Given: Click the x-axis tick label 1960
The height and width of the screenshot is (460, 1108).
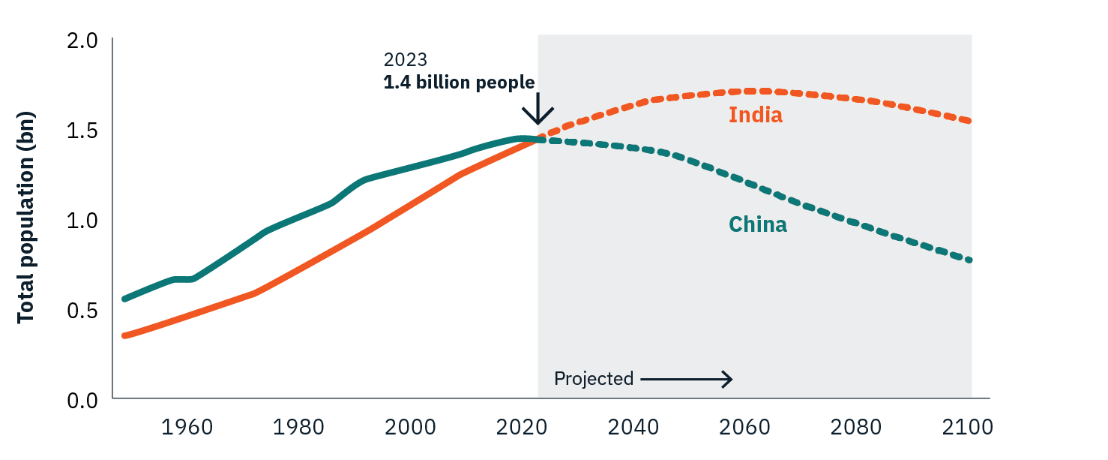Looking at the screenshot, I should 187,428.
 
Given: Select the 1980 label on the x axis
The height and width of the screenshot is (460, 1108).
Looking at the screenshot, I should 298,428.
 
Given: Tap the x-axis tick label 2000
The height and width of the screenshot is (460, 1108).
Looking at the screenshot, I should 411,428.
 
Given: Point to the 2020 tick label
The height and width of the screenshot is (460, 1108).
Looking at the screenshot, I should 522,428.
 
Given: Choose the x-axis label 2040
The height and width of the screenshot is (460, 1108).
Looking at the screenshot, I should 633,428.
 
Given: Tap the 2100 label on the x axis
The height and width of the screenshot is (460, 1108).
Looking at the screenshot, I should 968,428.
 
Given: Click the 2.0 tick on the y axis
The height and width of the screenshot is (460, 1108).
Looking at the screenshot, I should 83,41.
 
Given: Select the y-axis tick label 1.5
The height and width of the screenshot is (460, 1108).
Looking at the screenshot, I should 83,131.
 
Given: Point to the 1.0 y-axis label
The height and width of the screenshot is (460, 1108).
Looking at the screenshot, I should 83,221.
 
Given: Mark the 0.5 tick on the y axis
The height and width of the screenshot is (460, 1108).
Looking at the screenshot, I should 83,311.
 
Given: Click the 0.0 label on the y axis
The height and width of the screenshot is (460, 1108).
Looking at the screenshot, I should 83,400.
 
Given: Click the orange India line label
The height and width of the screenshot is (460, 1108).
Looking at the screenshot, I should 755,116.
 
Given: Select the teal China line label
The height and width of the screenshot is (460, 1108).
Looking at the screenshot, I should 757,224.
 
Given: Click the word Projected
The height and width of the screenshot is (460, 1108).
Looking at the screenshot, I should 594,379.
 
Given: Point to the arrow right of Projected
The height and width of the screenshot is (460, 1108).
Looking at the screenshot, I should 686,380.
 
